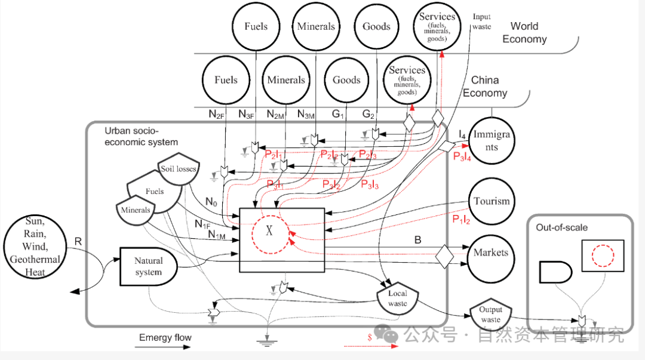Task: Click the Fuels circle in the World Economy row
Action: tap(256, 26)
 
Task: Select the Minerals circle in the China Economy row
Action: tap(286, 80)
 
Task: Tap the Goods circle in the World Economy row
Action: tap(376, 26)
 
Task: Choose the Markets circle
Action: tap(491, 253)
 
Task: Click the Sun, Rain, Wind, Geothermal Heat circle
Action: tap(35, 247)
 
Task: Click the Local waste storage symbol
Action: tap(397, 298)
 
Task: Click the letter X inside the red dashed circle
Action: tap(269, 231)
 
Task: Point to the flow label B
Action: tap(418, 240)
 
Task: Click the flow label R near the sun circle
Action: tap(78, 241)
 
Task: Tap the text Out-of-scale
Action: tap(561, 227)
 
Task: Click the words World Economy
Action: tap(524, 33)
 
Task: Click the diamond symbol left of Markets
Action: tap(445, 256)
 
